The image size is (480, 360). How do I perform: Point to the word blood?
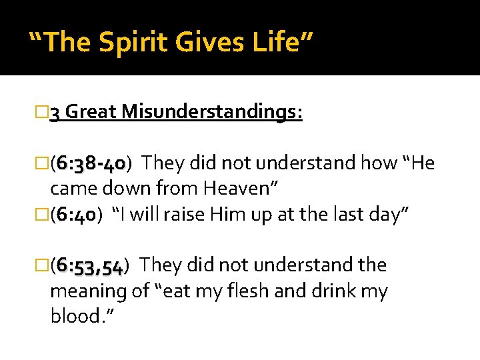[77, 316]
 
